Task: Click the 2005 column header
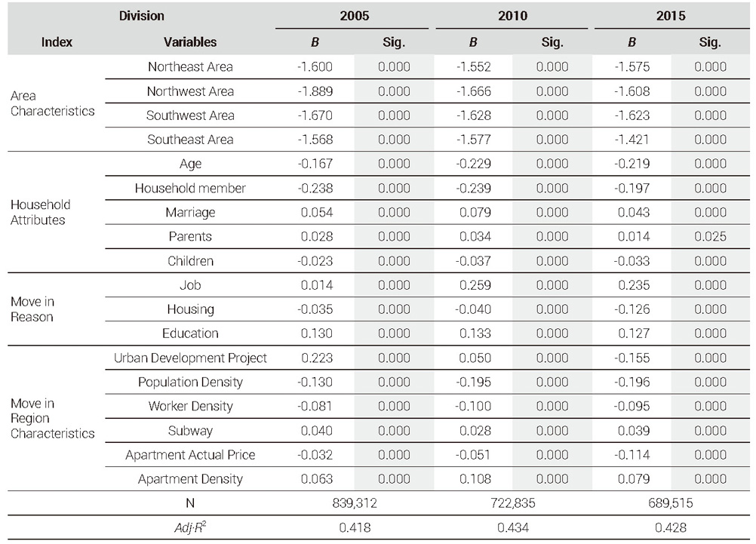pos(355,16)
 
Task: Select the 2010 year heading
pos(512,16)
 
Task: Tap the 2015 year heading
pos(671,16)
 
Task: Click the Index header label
pos(57,42)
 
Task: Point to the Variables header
pos(190,42)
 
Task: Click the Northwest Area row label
pos(190,91)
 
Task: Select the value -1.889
pos(315,91)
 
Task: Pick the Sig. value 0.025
pos(710,236)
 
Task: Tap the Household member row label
pos(190,188)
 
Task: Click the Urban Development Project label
pos(190,358)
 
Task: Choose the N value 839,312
pos(355,503)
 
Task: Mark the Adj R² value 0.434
pos(512,527)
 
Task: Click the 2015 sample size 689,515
pos(671,503)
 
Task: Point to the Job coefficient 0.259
pos(475,285)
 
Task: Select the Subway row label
pos(190,431)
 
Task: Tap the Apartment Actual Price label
pos(190,455)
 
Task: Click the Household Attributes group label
pos(41,212)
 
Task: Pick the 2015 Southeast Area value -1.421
pos(632,140)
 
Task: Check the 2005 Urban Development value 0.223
pos(317,358)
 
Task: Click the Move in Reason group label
pos(32,309)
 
